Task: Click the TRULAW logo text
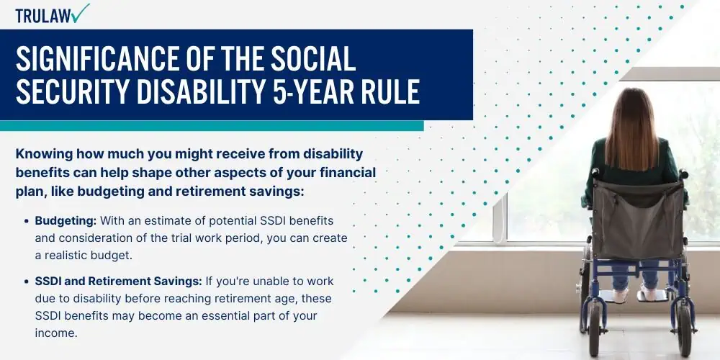coord(43,16)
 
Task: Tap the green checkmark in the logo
coord(81,13)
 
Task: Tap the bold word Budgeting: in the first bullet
coord(66,221)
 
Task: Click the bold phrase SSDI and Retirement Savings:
coord(119,281)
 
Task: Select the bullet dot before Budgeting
coord(27,221)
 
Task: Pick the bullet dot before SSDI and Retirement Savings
coord(27,281)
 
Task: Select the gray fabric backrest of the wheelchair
coord(638,220)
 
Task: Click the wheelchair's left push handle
coord(595,174)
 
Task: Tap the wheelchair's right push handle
coord(683,174)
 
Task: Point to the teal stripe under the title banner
coord(212,126)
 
